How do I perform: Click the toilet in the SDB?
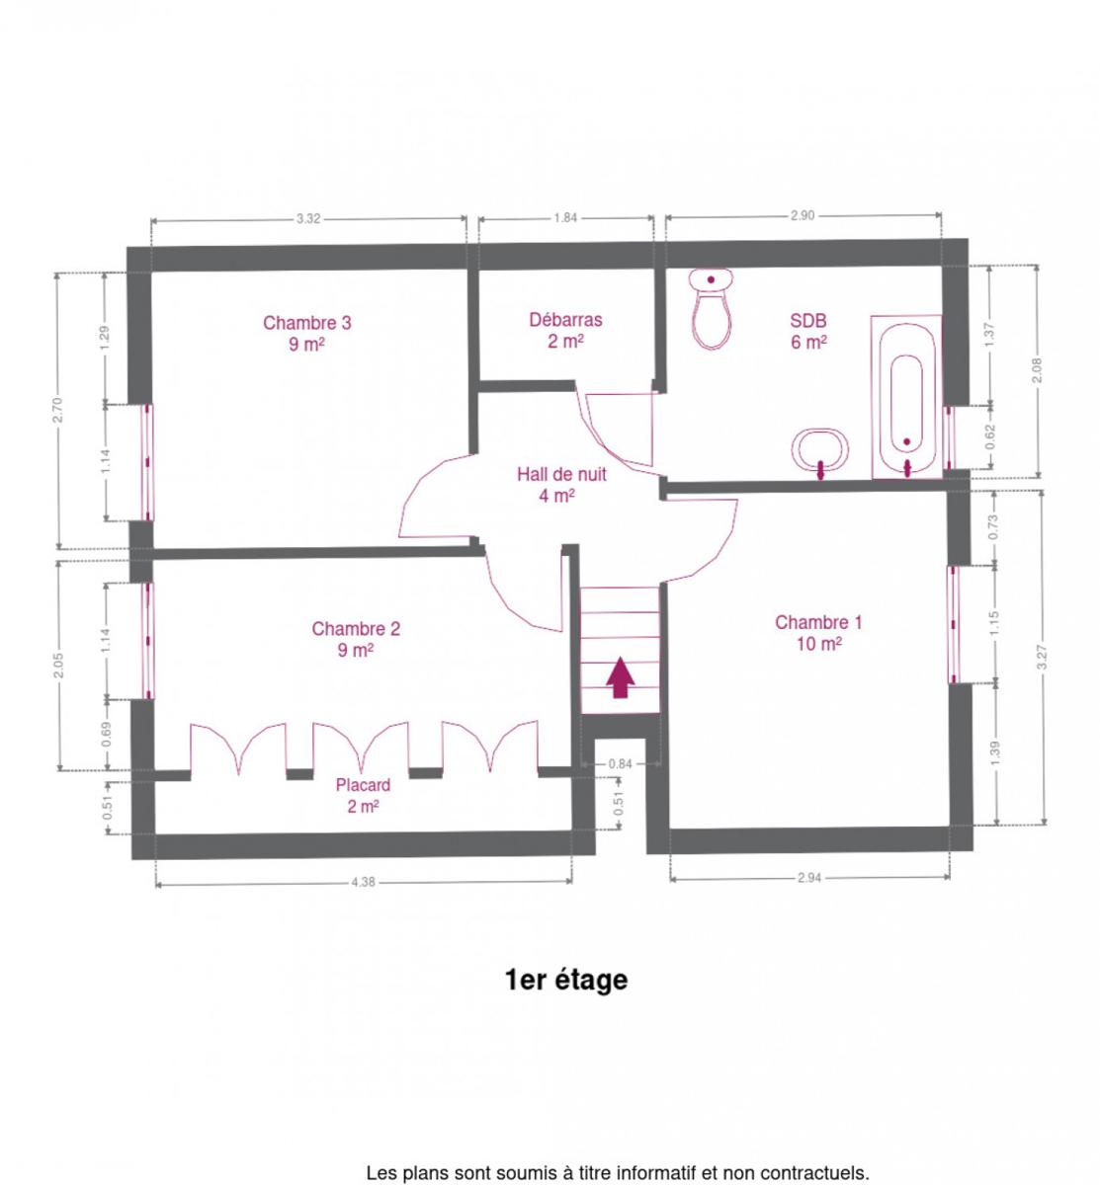tap(710, 308)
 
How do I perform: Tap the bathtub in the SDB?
tap(906, 396)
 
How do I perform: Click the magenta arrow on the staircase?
tap(621, 676)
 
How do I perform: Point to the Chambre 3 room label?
tap(307, 333)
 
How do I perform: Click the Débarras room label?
tap(565, 330)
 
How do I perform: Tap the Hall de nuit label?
tap(560, 484)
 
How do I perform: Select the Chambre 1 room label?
tap(818, 632)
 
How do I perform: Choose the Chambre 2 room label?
tap(356, 638)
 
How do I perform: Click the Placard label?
tap(363, 794)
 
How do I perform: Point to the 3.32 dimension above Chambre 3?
tap(308, 218)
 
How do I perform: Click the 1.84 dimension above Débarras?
tap(565, 218)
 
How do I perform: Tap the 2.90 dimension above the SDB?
tap(802, 215)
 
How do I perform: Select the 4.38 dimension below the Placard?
tap(363, 881)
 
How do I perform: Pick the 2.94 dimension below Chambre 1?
tap(809, 877)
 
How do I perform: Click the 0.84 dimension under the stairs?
tap(620, 763)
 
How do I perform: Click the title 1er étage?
tap(565, 980)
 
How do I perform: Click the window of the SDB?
tap(949, 437)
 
